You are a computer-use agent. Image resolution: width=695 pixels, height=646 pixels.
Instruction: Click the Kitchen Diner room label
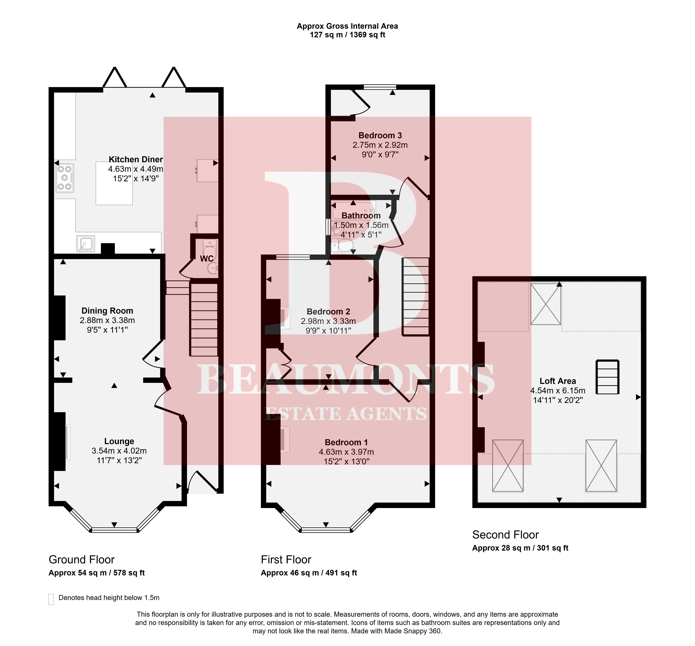click(136, 159)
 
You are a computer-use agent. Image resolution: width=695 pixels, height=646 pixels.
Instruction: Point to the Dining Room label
click(107, 311)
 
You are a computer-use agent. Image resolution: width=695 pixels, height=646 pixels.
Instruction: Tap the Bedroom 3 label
click(380, 135)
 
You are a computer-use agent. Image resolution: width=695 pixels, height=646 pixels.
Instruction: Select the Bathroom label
click(361, 216)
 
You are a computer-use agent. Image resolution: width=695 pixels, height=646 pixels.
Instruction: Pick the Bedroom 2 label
click(328, 311)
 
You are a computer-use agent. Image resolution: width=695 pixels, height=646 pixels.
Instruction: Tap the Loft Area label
click(558, 381)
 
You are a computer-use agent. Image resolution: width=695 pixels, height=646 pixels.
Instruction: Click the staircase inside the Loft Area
click(608, 377)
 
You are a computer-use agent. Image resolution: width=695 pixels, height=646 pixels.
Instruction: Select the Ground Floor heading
click(82, 560)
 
